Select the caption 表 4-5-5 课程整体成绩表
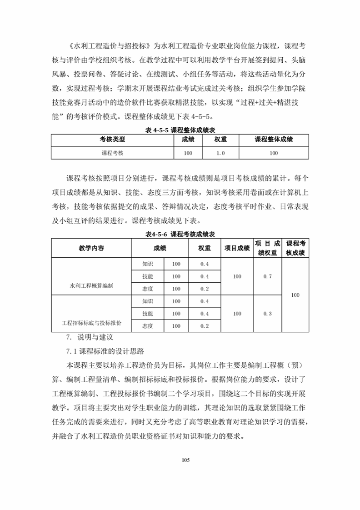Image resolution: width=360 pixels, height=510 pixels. (x=180, y=130)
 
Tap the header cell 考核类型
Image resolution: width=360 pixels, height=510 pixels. (x=112, y=140)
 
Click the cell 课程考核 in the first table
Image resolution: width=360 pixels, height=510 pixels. (x=112, y=153)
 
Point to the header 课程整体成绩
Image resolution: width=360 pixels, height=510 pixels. (x=274, y=140)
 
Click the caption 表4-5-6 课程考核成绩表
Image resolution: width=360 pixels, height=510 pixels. (x=180, y=234)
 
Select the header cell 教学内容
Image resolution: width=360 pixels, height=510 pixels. (x=91, y=248)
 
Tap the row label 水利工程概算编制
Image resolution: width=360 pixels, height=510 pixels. (x=91, y=286)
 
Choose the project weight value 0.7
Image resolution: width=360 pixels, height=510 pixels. (x=267, y=276)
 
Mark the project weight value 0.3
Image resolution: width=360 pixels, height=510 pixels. (x=267, y=314)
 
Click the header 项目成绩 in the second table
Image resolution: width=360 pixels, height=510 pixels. (x=237, y=248)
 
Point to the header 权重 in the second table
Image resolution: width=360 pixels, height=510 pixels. (x=205, y=248)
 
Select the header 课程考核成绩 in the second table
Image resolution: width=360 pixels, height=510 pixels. (x=295, y=248)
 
